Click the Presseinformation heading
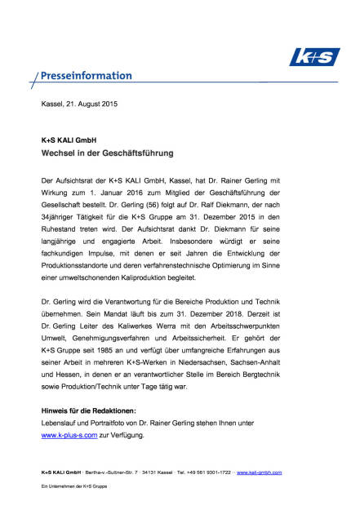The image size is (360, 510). click(x=86, y=77)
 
